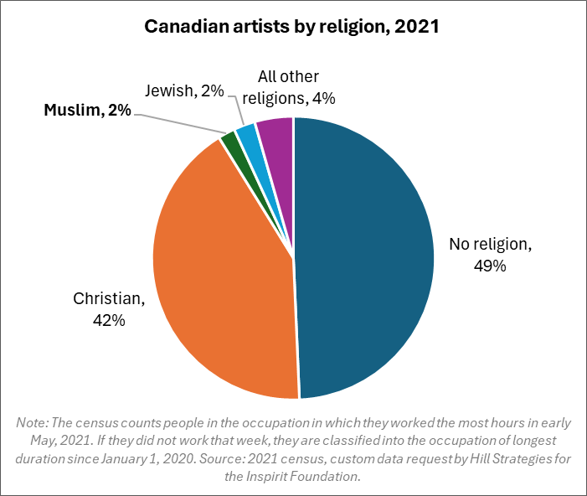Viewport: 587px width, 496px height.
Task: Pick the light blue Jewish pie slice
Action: pos(247,134)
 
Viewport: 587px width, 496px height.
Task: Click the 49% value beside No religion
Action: pos(491,266)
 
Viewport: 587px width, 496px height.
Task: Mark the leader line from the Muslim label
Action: pos(176,122)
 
